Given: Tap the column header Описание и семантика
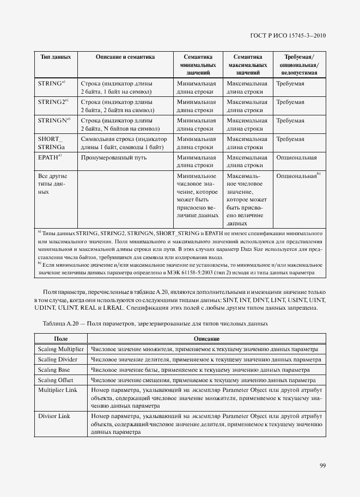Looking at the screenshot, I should pos(125,57).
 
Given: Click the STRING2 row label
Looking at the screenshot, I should pos(53,102).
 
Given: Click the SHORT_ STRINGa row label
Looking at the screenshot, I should pos(51,143).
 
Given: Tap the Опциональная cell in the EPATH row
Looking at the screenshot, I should pos(296,157).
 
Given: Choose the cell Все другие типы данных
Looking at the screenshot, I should pos(51,184).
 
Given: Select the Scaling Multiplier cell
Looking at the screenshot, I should pos(60,349).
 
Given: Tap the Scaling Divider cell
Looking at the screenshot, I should pos(58,359).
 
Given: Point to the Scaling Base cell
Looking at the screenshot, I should pos(54,370).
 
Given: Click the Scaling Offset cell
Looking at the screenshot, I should pos(56,380).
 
